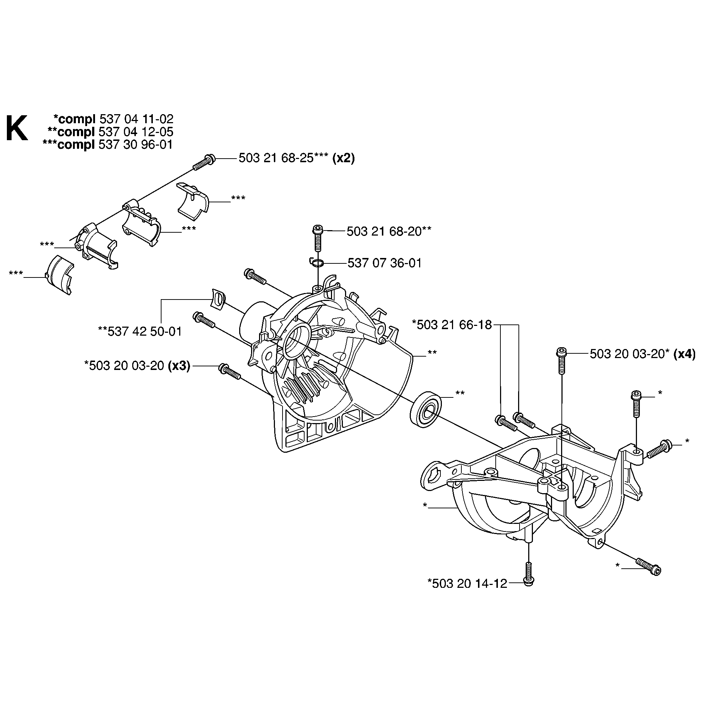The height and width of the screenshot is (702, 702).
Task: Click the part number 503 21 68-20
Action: pos(384,231)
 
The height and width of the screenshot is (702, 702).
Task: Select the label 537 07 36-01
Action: pos(384,263)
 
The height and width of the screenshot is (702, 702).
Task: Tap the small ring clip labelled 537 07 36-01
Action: pos(316,263)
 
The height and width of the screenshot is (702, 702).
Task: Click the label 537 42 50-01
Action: pos(144,331)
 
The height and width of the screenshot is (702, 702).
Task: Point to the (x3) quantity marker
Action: pos(179,366)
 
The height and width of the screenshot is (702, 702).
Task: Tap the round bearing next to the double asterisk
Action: pos(426,409)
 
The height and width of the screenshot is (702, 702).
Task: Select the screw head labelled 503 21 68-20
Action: pos(317,231)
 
